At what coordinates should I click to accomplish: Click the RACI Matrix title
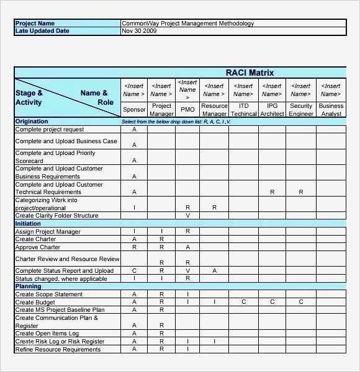click(249, 73)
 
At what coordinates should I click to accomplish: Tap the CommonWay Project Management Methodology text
click(187, 24)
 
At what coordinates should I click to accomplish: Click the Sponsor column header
click(134, 110)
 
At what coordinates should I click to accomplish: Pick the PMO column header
click(187, 110)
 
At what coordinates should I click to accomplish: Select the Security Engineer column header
click(301, 110)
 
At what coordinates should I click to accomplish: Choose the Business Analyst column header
click(331, 110)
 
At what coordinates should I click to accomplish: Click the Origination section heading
click(32, 122)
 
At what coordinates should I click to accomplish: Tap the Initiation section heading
click(28, 224)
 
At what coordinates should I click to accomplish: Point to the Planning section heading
click(28, 287)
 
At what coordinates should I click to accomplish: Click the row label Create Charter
click(35, 239)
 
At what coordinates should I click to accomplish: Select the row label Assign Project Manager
click(48, 231)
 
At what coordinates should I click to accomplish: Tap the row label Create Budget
click(35, 303)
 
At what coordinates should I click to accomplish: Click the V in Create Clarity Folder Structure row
click(187, 216)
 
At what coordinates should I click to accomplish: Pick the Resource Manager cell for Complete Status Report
click(214, 271)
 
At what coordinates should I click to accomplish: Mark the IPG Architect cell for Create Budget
click(272, 303)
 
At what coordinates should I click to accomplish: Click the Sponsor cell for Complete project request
click(134, 130)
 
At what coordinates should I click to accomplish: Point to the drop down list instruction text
click(176, 122)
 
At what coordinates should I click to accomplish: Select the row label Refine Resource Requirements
click(58, 350)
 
